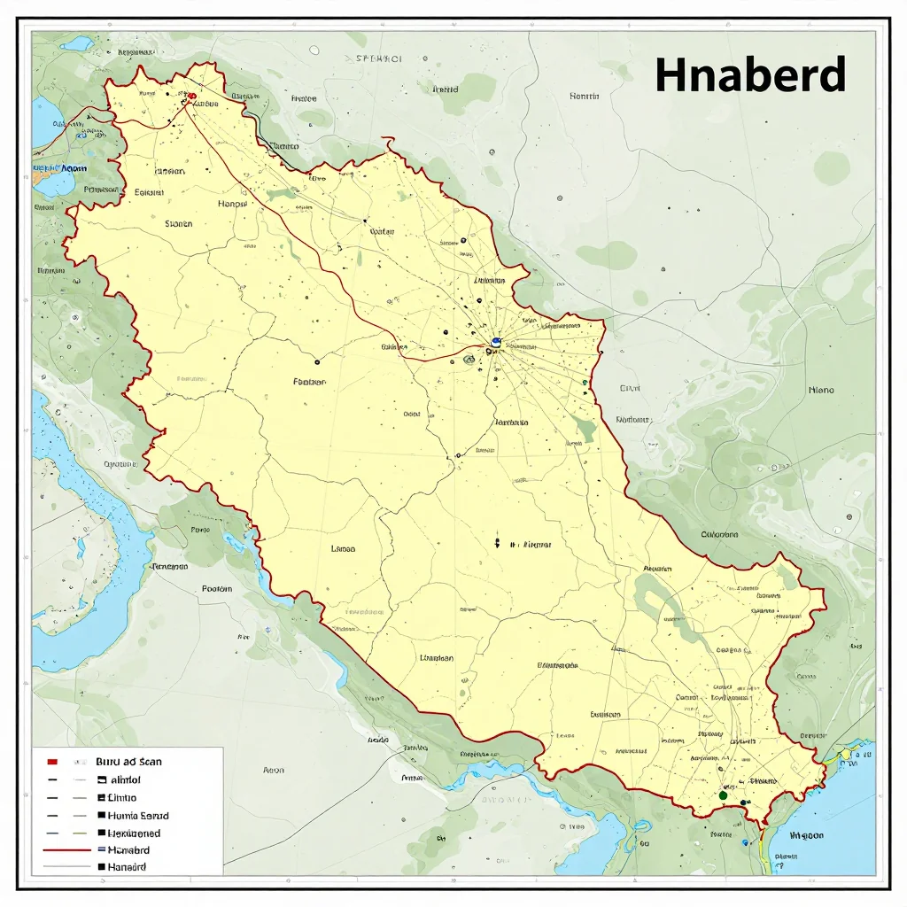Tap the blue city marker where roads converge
click(x=496, y=341)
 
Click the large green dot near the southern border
click(x=723, y=795)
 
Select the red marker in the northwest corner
click(x=191, y=96)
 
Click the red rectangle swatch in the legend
click(x=52, y=761)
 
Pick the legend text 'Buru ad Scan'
click(x=129, y=761)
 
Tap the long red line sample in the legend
click(x=67, y=849)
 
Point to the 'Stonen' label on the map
click(x=178, y=224)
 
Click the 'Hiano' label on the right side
click(x=821, y=389)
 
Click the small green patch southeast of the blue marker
click(x=585, y=430)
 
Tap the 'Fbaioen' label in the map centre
click(x=309, y=382)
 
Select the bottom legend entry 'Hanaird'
click(x=127, y=866)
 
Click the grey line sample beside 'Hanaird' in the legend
click(x=67, y=866)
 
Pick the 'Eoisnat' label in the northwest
click(x=149, y=191)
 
